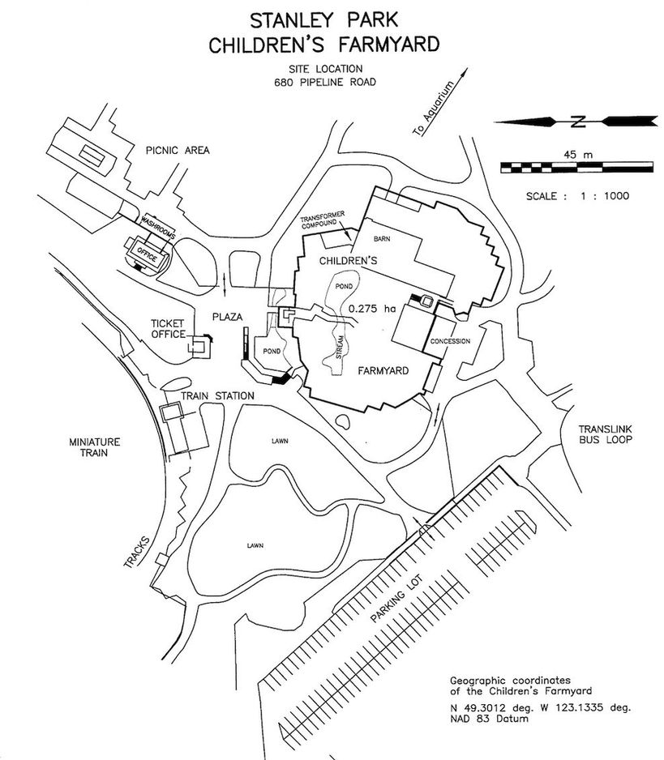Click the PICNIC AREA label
pyautogui.click(x=178, y=150)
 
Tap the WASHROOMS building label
pyautogui.click(x=157, y=226)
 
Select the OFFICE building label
pyautogui.click(x=148, y=254)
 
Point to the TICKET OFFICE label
pyautogui.click(x=168, y=329)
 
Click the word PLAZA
pyautogui.click(x=228, y=317)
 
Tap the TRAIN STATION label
pyautogui.click(x=217, y=396)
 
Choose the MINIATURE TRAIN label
pyautogui.click(x=94, y=447)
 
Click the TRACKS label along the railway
pyautogui.click(x=137, y=552)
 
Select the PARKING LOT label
pyautogui.click(x=396, y=598)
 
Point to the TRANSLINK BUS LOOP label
pyautogui.click(x=606, y=434)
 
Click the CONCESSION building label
pyautogui.click(x=450, y=341)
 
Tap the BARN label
pyautogui.click(x=382, y=238)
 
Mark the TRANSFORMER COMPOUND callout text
pyautogui.click(x=322, y=220)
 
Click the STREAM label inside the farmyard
pyautogui.click(x=340, y=347)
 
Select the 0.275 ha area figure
pyautogui.click(x=372, y=308)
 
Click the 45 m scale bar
pyautogui.click(x=576, y=168)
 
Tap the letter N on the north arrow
pyautogui.click(x=576, y=122)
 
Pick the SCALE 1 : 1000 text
pyautogui.click(x=577, y=196)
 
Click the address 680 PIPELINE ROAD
pyautogui.click(x=325, y=82)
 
